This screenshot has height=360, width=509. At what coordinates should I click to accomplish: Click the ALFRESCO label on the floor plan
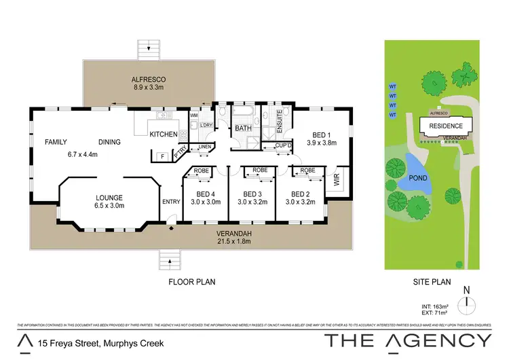pos(148,79)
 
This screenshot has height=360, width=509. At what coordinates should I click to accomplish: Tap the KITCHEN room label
pos(164,134)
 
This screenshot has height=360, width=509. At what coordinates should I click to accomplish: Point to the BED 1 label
pos(318,134)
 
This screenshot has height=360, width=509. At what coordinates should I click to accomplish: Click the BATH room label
pos(243,128)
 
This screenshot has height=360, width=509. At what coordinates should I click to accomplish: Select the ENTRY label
pos(171,201)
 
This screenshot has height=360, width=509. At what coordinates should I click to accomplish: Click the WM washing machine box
pos(193,115)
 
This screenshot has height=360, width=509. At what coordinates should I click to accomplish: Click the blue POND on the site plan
pos(414,167)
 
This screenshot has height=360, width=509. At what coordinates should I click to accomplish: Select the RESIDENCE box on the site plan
pos(445,126)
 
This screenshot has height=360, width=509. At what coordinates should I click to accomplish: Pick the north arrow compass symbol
pos(466,304)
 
